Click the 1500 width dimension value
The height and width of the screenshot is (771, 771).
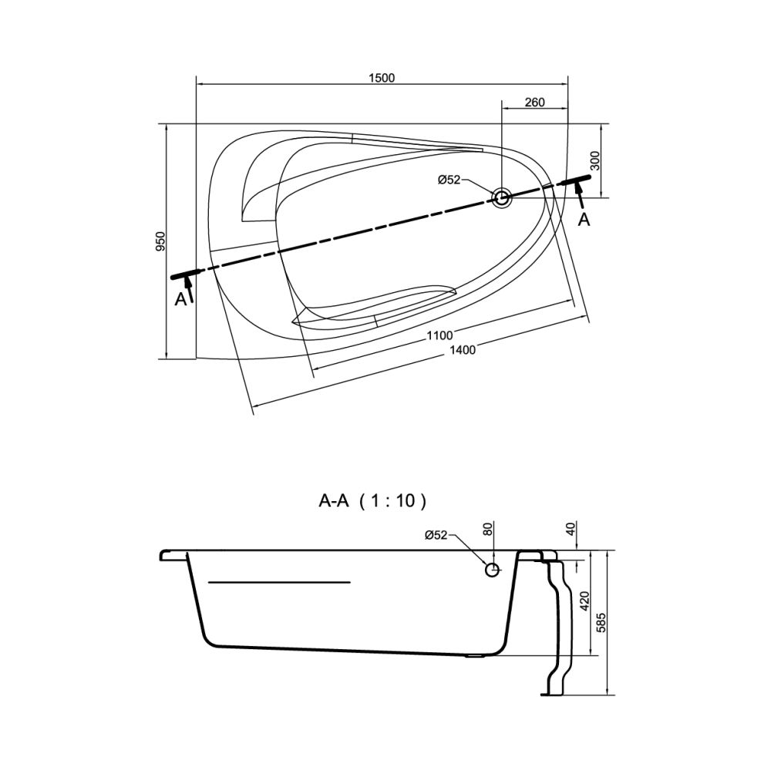tap(382, 78)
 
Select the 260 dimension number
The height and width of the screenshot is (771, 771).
tap(534, 103)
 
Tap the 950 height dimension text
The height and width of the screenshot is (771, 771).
tap(161, 241)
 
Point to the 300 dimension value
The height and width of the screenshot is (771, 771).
tap(594, 160)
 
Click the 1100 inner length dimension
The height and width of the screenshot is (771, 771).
tap(439, 336)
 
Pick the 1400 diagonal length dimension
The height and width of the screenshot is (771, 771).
tap(462, 350)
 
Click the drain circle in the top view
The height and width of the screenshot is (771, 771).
tap(502, 198)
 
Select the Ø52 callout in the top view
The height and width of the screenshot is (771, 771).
tap(449, 180)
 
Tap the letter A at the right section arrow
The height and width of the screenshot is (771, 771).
tap(584, 219)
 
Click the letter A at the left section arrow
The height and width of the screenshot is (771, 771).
tap(181, 298)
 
